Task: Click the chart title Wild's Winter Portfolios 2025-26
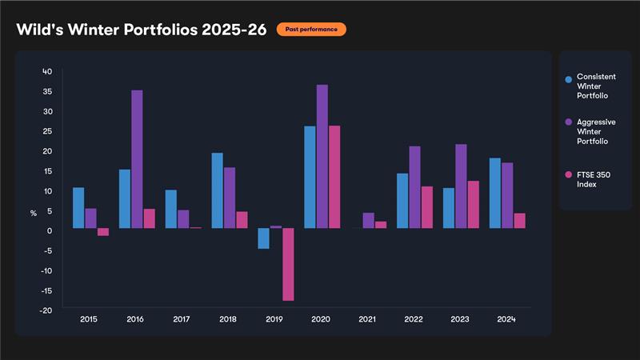tap(141, 30)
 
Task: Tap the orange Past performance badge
tap(311, 30)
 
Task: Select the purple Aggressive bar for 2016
tap(137, 159)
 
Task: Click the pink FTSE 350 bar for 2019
tap(288, 264)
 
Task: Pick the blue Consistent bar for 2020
tap(310, 177)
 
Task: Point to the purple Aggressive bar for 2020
tap(322, 156)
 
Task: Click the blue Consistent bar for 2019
tap(263, 238)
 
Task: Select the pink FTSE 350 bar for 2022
tap(427, 207)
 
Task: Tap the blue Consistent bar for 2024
tap(495, 193)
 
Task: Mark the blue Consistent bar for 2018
tap(217, 190)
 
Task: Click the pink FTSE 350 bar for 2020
tap(334, 177)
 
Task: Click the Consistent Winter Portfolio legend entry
tap(592, 86)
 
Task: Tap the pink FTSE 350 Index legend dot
tap(568, 174)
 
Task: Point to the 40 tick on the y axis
tap(47, 71)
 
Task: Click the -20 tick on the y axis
tap(46, 310)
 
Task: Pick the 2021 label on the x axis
tap(367, 319)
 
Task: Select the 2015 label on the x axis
tap(90, 319)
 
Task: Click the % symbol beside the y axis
tap(34, 214)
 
